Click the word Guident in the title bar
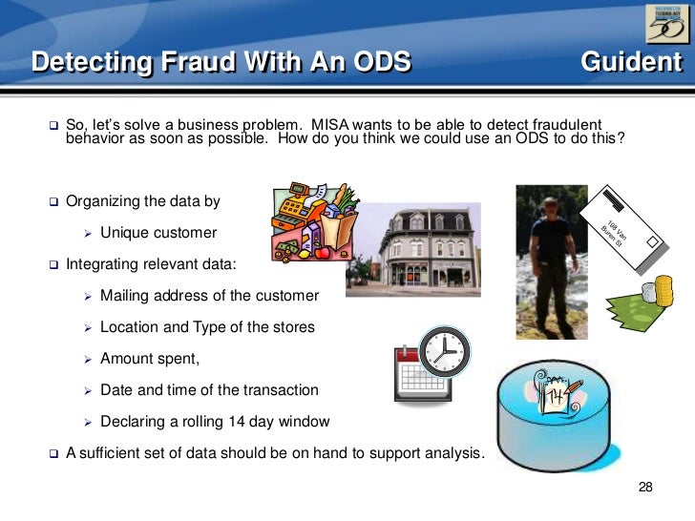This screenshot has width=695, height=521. coord(630,63)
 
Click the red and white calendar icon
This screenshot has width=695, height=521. coord(413,378)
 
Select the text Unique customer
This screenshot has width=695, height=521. coord(158,233)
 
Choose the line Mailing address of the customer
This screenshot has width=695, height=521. coord(209,296)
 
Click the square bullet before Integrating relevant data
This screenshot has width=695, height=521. coord(53,264)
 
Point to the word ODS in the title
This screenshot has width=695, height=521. coord(377,63)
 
